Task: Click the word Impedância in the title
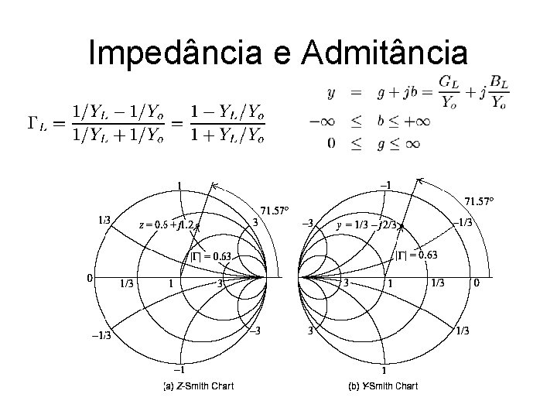(x=177, y=53)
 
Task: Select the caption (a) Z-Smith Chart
(x=198, y=385)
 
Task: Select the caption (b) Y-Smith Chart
(x=383, y=385)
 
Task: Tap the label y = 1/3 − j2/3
(x=368, y=225)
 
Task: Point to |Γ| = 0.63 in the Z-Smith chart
(x=212, y=256)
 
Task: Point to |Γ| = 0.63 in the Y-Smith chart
(x=417, y=255)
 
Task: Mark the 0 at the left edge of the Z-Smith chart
(x=90, y=277)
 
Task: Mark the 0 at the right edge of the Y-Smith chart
(x=477, y=283)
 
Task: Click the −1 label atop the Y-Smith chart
(x=384, y=184)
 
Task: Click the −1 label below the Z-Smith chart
(x=179, y=368)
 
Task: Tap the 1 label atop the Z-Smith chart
(x=180, y=185)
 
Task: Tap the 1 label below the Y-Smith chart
(x=384, y=371)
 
